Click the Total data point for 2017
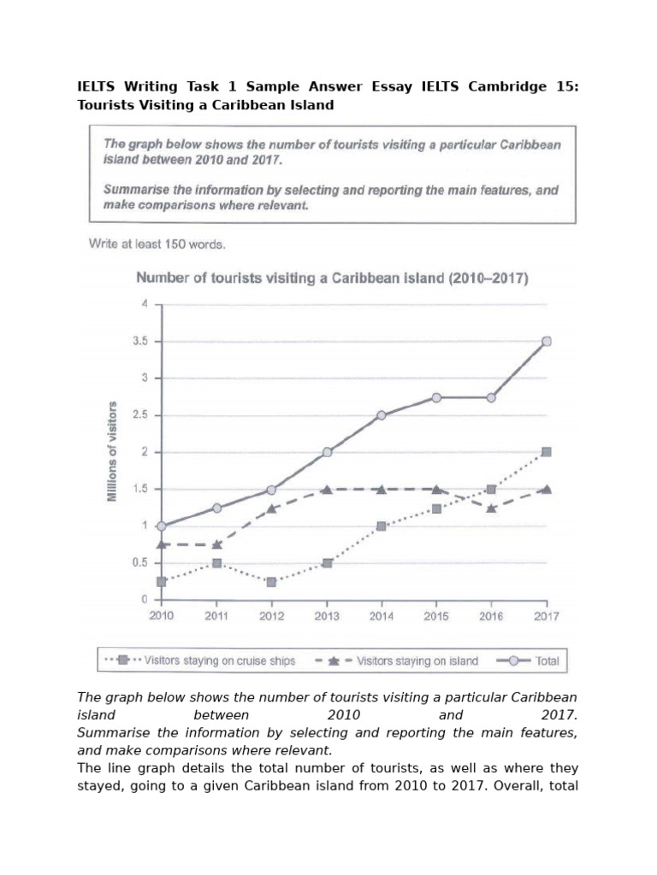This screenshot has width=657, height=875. pos(547,342)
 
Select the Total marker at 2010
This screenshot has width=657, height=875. pos(162,526)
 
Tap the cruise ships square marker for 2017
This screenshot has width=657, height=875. pos(547,452)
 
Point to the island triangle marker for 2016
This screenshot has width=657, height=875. pos(491,508)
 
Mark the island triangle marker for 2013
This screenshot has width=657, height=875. pos(327,490)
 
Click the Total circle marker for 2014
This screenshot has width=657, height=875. pos(382,415)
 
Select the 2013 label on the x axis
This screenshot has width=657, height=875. pos(327,615)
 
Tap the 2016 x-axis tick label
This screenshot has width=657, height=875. pos(491,615)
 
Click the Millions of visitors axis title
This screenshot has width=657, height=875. pos(112,451)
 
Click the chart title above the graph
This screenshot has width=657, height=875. pos(332,279)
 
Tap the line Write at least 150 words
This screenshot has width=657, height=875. pos(157,244)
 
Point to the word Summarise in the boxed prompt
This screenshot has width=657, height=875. pos(135,191)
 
